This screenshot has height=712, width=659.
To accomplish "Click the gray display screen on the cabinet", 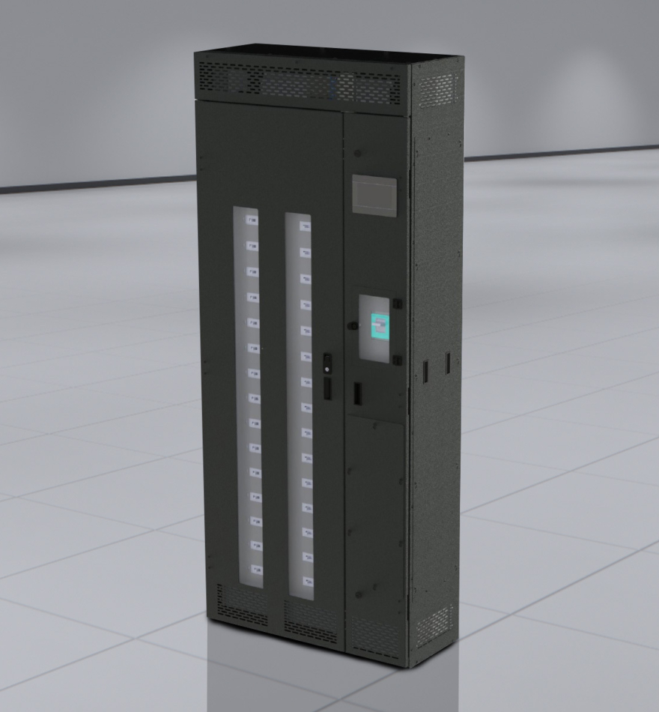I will click(374, 196).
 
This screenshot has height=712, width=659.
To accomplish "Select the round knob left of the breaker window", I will click(350, 326).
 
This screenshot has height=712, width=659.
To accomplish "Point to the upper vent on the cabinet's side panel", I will click(436, 91).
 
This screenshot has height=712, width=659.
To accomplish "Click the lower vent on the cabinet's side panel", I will click(434, 624).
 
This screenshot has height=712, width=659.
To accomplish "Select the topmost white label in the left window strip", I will click(252, 220).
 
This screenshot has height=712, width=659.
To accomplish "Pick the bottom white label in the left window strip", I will click(257, 567).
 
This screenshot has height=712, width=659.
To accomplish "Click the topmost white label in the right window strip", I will click(305, 226).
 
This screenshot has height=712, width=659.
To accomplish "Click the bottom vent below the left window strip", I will click(241, 604).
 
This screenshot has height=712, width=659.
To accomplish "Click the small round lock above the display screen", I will click(358, 154).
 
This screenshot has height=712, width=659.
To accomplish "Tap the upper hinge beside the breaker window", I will click(398, 304).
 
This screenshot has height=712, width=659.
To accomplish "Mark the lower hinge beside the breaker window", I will click(397, 360).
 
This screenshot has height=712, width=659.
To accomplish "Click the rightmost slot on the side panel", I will click(448, 363).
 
